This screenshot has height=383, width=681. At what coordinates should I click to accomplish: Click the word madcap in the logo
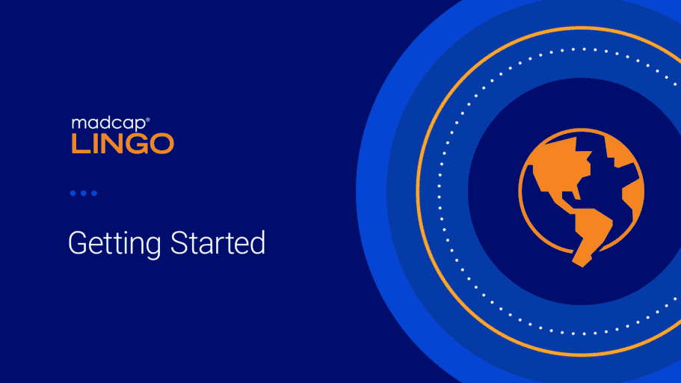[x=108, y=124]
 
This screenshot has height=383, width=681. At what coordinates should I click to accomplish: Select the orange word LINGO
[x=123, y=144]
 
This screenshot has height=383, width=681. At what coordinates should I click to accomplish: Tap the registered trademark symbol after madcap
[x=148, y=119]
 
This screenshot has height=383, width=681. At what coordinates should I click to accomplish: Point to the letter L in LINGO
[x=79, y=144]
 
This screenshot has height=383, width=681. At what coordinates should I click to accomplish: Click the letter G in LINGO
[x=137, y=144]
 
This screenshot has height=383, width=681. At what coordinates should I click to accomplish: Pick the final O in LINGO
[x=162, y=144]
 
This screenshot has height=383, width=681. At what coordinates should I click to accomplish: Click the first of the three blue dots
[x=73, y=193]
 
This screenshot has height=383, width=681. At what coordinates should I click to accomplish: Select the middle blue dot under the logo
[x=84, y=193]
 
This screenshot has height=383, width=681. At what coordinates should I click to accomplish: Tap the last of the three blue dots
[x=94, y=193]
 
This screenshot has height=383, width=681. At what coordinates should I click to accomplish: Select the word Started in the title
[x=218, y=242]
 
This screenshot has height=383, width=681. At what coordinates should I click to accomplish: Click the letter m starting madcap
[x=78, y=124]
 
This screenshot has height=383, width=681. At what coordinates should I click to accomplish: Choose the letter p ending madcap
[x=141, y=126]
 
